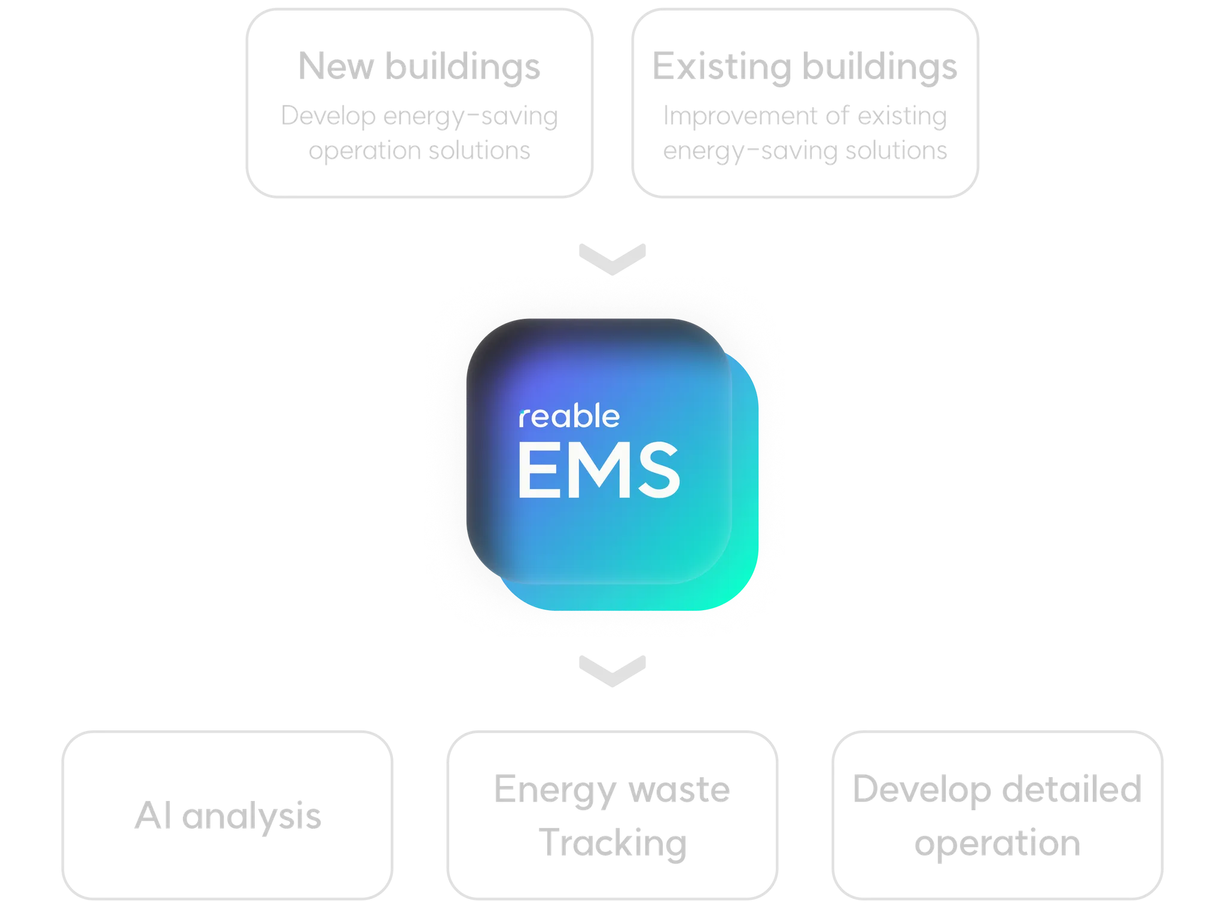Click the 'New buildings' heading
(420, 66)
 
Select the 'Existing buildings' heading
(805, 66)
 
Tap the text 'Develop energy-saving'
(418, 115)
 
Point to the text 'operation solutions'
(418, 151)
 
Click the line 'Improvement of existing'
(805, 115)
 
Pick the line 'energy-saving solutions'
(805, 151)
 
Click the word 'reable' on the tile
(569, 417)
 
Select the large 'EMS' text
(598, 470)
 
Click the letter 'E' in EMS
(536, 470)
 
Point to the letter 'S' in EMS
(657, 470)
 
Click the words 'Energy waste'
(611, 789)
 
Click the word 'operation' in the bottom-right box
(997, 842)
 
